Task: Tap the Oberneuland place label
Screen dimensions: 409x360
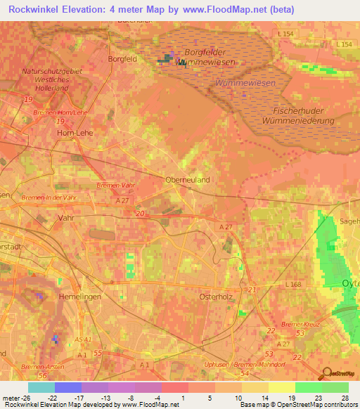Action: [x=188, y=180]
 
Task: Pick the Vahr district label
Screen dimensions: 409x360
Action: [x=66, y=219]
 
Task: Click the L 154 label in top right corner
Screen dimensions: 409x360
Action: [x=345, y=44]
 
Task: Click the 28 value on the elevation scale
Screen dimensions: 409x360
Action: [x=345, y=398]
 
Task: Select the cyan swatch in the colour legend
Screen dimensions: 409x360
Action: [x=41, y=387]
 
